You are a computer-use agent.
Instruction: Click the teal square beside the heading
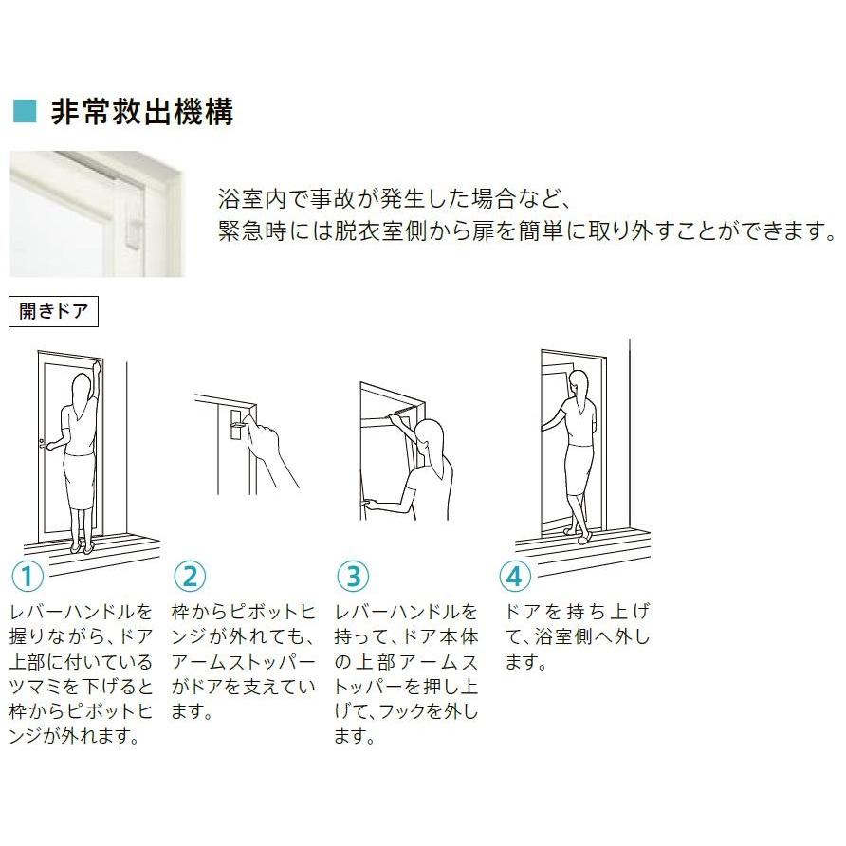[x=25, y=111]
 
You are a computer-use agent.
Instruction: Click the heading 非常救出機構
[x=142, y=112]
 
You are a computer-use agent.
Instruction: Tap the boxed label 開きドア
[x=53, y=311]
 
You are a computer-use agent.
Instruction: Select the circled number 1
[x=28, y=576]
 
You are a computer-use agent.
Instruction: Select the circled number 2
[x=190, y=576]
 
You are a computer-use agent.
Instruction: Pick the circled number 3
[x=353, y=576]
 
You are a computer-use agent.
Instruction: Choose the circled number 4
[x=515, y=576]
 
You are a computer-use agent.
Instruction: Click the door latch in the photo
[x=134, y=230]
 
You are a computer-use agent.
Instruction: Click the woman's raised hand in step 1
[x=97, y=367]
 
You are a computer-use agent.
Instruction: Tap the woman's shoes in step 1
[x=81, y=547]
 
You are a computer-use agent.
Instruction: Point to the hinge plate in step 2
[x=236, y=425]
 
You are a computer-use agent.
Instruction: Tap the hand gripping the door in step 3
[x=369, y=504]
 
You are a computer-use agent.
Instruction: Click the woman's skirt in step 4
[x=579, y=469]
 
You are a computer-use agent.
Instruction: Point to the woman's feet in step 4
[x=579, y=535]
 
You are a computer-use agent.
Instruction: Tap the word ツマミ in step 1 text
[x=36, y=687]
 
